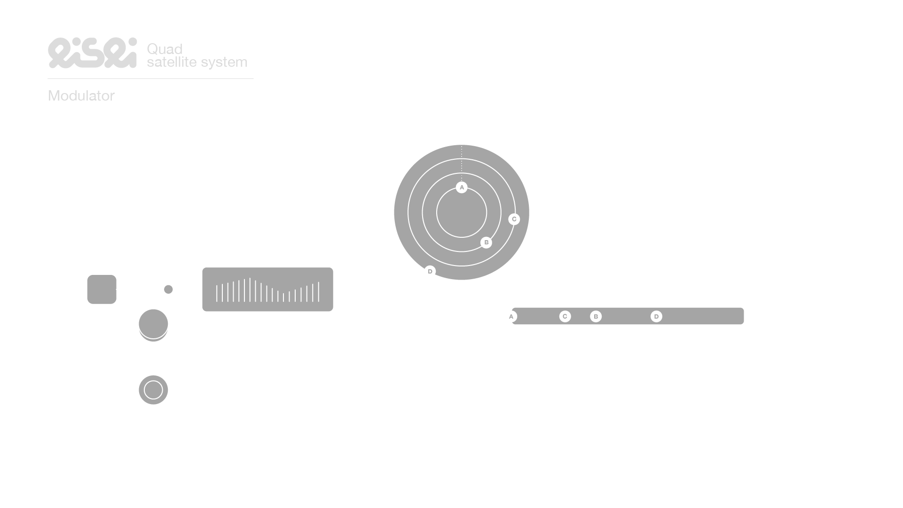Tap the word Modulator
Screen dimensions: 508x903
81,96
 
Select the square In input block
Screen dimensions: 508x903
102,289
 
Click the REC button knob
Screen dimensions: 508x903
153,324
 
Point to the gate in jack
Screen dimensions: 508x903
153,390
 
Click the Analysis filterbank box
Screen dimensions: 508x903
267,289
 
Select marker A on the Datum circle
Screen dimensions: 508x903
462,188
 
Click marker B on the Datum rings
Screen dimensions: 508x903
486,242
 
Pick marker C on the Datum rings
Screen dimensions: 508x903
514,219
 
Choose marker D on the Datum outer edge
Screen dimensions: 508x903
430,271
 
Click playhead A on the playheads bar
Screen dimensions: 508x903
511,316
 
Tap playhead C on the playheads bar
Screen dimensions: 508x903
565,316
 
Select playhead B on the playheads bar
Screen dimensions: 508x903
596,316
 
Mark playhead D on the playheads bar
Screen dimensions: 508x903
656,316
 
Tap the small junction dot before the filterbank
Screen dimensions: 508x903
168,289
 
